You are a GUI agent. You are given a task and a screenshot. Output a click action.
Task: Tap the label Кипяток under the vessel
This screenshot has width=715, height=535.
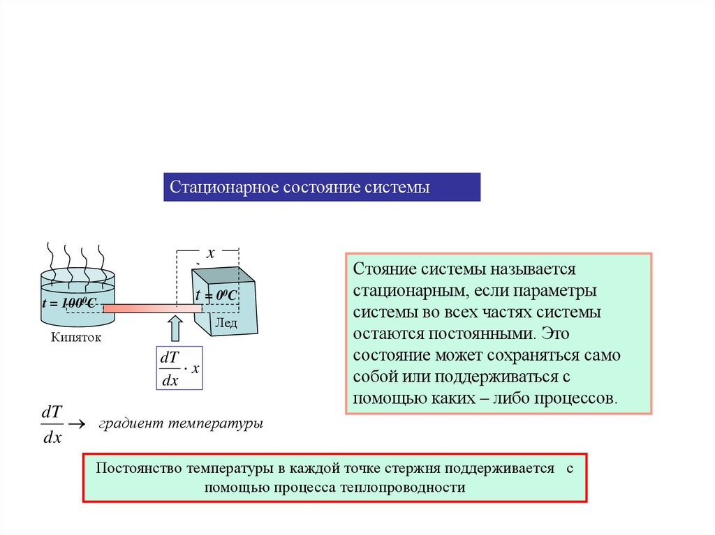tap(76, 338)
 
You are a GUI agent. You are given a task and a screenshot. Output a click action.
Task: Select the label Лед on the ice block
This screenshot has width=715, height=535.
tap(226, 322)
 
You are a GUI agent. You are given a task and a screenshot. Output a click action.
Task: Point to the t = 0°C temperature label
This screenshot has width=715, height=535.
tap(216, 296)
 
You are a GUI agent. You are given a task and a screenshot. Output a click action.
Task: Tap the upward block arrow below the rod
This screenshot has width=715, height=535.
tap(175, 328)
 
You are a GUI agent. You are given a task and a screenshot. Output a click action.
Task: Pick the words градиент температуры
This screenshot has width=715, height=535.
tap(180, 423)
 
